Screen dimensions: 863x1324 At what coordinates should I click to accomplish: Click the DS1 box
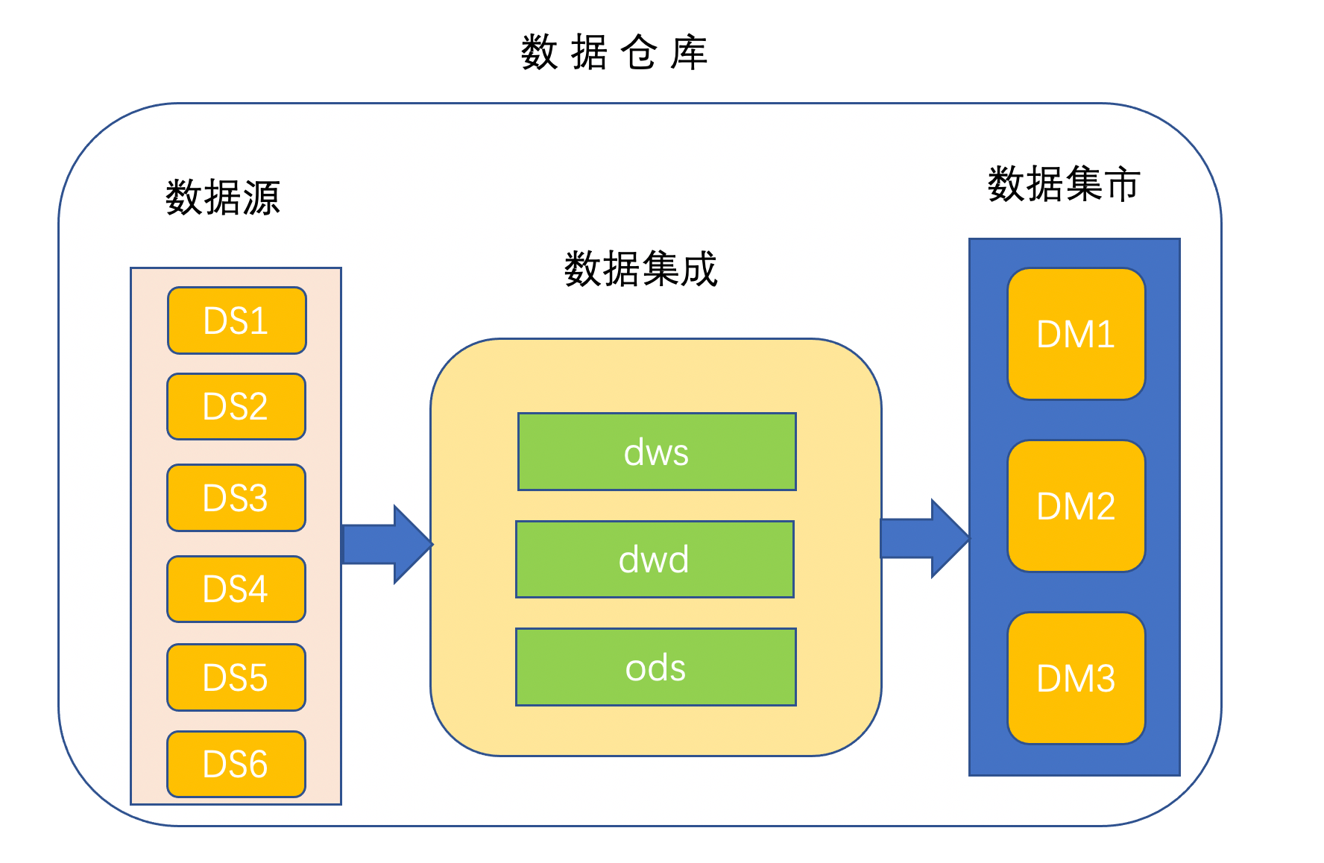pyautogui.click(x=236, y=320)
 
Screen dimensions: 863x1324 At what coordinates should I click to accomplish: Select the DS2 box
pyautogui.click(x=236, y=407)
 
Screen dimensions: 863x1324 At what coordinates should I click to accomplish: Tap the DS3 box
pyautogui.click(x=236, y=498)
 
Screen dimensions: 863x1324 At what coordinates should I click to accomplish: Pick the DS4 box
pyautogui.click(x=236, y=589)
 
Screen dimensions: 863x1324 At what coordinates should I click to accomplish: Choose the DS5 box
pyautogui.click(x=236, y=677)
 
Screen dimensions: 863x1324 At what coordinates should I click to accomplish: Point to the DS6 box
pyautogui.click(x=236, y=765)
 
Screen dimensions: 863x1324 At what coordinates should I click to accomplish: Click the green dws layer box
pyautogui.click(x=657, y=452)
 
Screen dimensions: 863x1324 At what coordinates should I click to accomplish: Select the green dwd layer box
pyautogui.click(x=655, y=560)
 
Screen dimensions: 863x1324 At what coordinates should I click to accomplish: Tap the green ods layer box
pyautogui.click(x=655, y=667)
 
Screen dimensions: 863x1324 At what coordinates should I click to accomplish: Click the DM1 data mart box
pyautogui.click(x=1076, y=334)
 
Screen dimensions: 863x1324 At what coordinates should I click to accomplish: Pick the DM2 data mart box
pyautogui.click(x=1076, y=506)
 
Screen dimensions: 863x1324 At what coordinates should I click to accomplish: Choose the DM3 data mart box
pyautogui.click(x=1076, y=678)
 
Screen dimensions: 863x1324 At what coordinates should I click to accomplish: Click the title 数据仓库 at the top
pyautogui.click(x=614, y=53)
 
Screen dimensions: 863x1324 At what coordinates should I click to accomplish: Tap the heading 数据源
pyautogui.click(x=222, y=198)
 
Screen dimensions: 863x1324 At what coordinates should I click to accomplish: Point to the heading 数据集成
pyautogui.click(x=640, y=269)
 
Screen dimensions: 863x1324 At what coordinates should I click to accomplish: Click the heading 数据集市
pyautogui.click(x=1064, y=184)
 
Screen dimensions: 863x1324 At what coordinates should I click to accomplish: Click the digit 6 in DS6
pyautogui.click(x=256, y=765)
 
